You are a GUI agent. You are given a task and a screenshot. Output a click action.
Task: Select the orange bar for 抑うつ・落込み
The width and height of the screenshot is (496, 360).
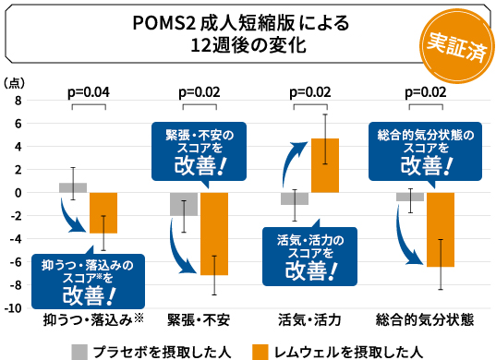[103, 212]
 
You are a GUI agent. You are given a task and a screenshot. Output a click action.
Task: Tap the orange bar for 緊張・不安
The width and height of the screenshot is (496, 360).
[213, 233]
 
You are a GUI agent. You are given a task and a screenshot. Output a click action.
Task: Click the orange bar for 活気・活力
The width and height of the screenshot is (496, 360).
[325, 165]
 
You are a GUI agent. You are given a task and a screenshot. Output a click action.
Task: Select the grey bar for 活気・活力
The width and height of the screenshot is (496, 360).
[295, 198]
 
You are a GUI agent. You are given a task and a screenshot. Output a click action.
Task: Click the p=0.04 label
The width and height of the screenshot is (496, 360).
[90, 91]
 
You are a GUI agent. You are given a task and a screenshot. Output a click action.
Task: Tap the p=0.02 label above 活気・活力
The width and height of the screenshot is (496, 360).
[310, 91]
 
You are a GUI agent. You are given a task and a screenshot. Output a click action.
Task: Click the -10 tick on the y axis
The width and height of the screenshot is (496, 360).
[13, 307]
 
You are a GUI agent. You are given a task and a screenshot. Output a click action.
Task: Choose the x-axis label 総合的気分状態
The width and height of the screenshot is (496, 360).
[425, 320]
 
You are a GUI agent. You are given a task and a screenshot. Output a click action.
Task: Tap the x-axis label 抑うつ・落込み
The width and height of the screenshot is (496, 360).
[89, 320]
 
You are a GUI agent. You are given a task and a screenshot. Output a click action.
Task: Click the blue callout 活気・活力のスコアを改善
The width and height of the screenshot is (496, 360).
[309, 255]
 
